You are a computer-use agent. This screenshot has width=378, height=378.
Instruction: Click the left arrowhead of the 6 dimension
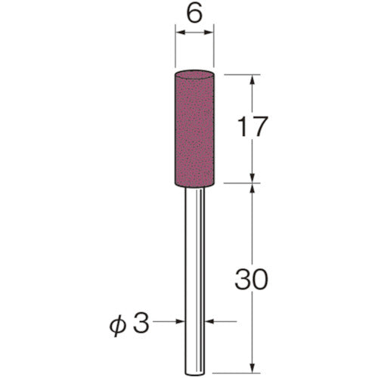pyautogui.click(x=179, y=32)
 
